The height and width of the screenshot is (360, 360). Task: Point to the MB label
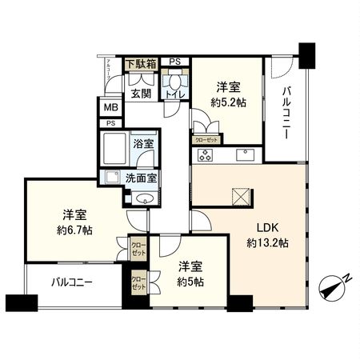pyautogui.click(x=110, y=107)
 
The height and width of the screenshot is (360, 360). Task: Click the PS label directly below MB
pyautogui.click(x=110, y=123)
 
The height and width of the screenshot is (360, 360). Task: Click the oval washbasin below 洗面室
pyautogui.click(x=144, y=199)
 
